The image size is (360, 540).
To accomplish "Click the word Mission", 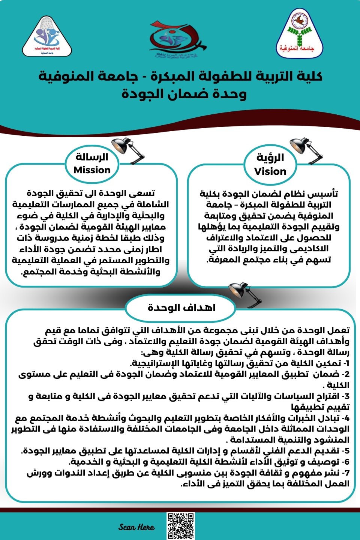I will point(92,170).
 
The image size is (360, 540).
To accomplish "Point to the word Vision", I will point(270,171).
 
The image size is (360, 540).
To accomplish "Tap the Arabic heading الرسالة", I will point(92,157).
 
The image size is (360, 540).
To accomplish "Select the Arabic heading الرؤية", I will point(270,157).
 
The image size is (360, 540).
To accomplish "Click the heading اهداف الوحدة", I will point(181,308).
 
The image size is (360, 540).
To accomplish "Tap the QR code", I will point(181,526).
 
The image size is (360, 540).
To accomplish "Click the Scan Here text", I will point(136,527).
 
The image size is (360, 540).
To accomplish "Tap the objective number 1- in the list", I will point(346,363).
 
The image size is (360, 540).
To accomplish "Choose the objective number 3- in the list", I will point(345,396).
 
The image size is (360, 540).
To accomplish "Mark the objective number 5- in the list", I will point(345,451).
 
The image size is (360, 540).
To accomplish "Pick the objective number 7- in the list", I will point(345,473).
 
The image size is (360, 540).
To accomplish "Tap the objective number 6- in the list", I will point(345,462).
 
